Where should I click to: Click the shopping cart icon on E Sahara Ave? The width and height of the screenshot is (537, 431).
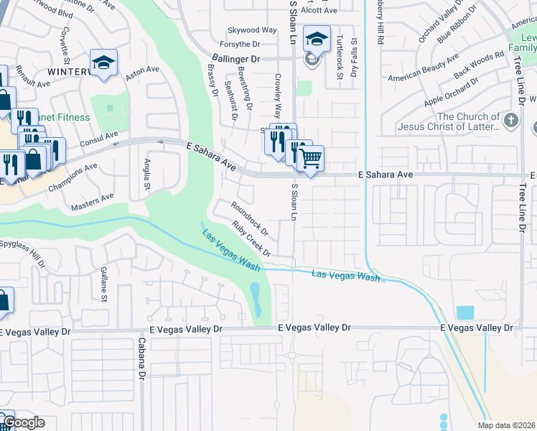(x=310, y=157)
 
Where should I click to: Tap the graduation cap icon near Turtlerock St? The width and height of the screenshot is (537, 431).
(x=315, y=38)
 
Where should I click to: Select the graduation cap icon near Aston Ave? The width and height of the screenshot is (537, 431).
(x=103, y=62)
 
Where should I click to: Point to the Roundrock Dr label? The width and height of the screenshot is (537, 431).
(x=249, y=220)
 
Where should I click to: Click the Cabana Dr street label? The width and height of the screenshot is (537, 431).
(x=141, y=365)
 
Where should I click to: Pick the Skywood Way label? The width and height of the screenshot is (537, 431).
(x=252, y=30)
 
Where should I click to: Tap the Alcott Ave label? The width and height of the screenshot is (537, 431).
(x=319, y=11)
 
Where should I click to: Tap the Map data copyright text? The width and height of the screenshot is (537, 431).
(x=506, y=425)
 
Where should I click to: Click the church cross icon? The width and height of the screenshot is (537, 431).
(x=510, y=120)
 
